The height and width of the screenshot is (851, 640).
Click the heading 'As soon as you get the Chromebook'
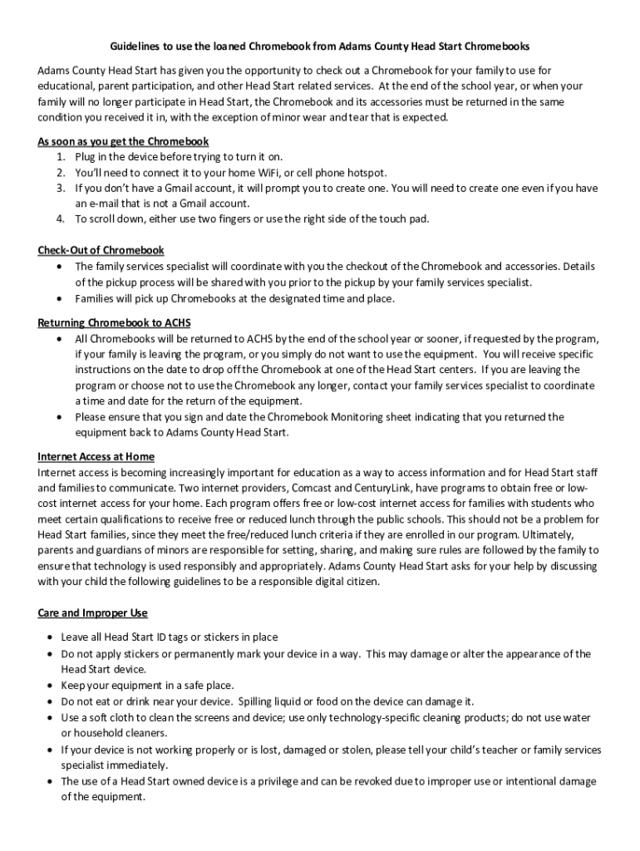(123, 140)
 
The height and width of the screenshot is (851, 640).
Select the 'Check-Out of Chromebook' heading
(101, 250)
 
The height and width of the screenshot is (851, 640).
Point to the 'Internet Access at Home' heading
(96, 456)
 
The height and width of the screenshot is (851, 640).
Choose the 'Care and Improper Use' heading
(92, 612)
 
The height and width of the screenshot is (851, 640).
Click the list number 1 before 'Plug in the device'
(61, 156)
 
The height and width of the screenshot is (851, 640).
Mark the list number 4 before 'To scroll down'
(61, 219)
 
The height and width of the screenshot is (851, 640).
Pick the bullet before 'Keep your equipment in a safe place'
(52, 686)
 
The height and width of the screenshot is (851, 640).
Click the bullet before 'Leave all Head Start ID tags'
(52, 637)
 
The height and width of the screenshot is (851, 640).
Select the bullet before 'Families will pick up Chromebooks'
(58, 298)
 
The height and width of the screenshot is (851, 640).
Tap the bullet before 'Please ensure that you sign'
(58, 417)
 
